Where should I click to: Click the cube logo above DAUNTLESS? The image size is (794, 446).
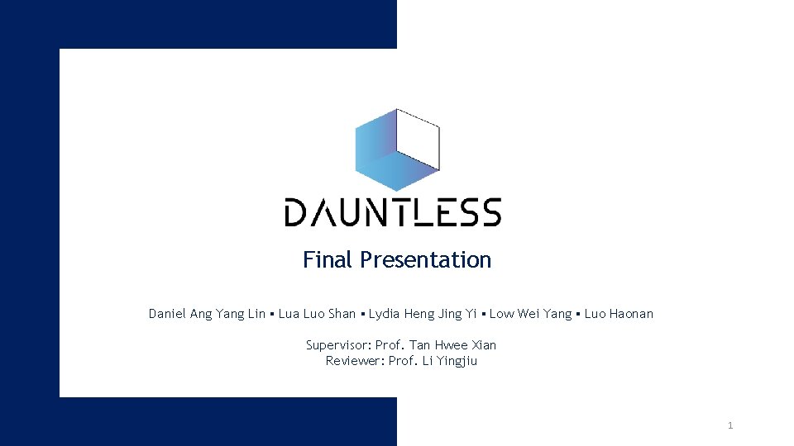tap(397, 149)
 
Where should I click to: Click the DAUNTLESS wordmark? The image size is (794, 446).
tap(393, 212)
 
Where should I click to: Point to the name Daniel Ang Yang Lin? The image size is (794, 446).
tap(207, 314)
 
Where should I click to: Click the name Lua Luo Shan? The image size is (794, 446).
tap(317, 314)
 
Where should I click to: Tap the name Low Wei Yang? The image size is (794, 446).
tap(530, 314)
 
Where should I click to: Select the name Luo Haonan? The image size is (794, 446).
tap(619, 314)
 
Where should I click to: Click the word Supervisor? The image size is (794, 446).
tap(337, 345)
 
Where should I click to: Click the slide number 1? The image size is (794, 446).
tap(729, 425)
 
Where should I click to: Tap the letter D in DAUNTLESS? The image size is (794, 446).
tap(295, 212)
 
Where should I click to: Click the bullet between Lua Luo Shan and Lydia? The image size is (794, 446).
tap(362, 314)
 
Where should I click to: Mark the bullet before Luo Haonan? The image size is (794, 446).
tap(578, 314)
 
